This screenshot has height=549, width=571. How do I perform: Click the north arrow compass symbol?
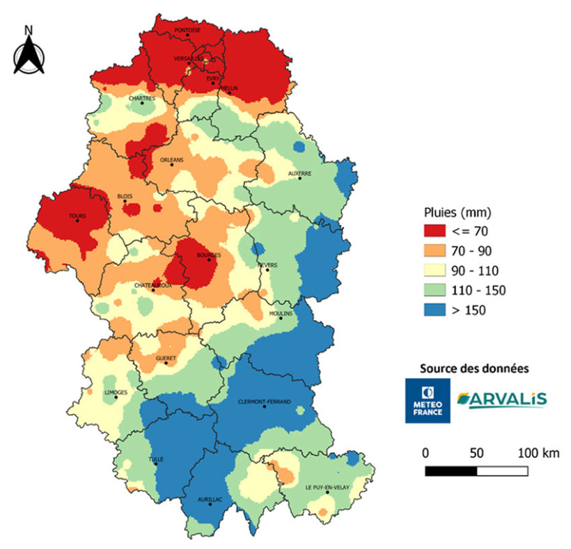coord(29,51)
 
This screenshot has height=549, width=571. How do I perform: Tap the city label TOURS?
coord(77,216)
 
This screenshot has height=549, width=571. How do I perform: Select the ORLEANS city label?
coord(172,160)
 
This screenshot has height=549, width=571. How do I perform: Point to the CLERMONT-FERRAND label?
coord(264,401)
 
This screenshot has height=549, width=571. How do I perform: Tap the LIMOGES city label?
coord(116,392)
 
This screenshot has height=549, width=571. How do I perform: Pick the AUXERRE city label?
coord(300,173)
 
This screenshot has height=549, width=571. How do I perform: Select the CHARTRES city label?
coord(142,99)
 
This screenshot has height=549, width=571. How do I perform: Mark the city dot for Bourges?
coord(209,260)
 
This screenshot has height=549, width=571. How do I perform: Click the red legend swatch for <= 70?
coord(439,230)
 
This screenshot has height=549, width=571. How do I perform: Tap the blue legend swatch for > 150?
coord(439,310)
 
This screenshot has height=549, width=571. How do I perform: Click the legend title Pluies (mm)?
coord(457,211)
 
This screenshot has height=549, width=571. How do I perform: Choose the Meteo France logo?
coord(428,400)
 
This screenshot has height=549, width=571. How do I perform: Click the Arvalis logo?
coord(501,399)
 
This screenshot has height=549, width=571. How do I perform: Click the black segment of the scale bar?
coord(451,470)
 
